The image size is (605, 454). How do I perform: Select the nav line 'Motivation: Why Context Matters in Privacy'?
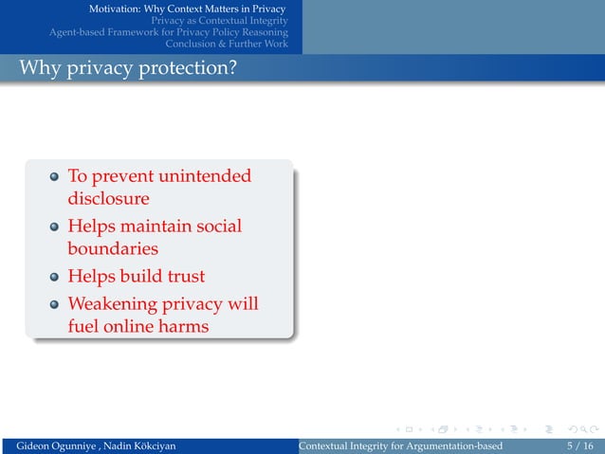click(x=188, y=9)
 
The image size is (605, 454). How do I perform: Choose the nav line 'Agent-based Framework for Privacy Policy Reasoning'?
click(x=169, y=32)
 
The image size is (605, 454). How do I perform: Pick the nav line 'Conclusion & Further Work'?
click(x=227, y=44)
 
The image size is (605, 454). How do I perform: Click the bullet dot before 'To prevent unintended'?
click(x=55, y=177)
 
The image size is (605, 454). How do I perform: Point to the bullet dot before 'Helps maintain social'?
click(x=55, y=227)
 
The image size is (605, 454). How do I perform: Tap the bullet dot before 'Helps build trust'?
click(x=55, y=278)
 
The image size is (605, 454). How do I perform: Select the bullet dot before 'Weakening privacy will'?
click(x=55, y=304)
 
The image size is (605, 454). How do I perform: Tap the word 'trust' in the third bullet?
click(x=182, y=277)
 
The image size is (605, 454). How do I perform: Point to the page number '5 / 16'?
click(x=574, y=445)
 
